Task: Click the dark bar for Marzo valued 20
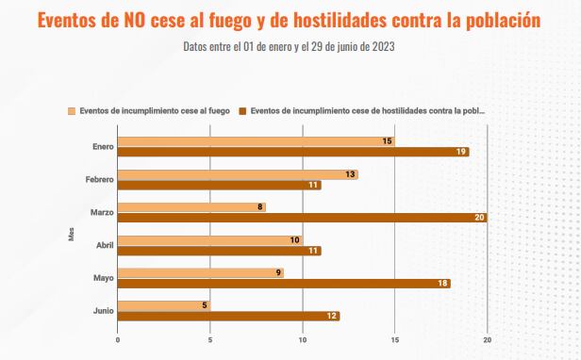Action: click(x=302, y=218)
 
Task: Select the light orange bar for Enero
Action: click(x=256, y=141)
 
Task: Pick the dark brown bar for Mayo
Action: click(x=283, y=284)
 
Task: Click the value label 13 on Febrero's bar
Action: click(x=351, y=174)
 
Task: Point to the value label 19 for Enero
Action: click(x=461, y=152)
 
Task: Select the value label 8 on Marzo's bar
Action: click(x=259, y=207)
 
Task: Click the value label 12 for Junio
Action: click(x=332, y=316)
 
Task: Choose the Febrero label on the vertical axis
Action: click(x=99, y=179)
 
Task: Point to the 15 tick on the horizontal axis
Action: click(x=395, y=340)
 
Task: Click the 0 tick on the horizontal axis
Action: click(x=118, y=340)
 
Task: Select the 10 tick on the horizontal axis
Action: click(x=303, y=340)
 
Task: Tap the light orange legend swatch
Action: click(x=72, y=110)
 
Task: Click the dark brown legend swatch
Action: click(x=242, y=110)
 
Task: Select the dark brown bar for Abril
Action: click(x=219, y=251)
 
